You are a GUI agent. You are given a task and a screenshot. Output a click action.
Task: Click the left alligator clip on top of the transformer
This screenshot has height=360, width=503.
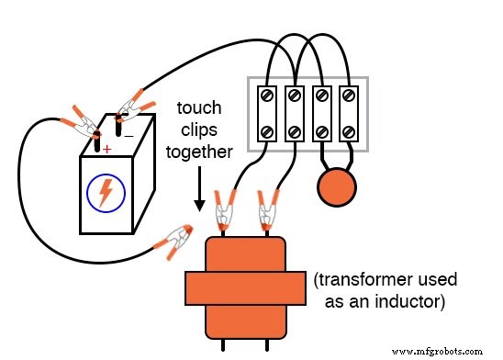pos(222,210)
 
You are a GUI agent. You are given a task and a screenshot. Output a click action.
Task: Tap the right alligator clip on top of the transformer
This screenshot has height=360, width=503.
pos(268,210)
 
